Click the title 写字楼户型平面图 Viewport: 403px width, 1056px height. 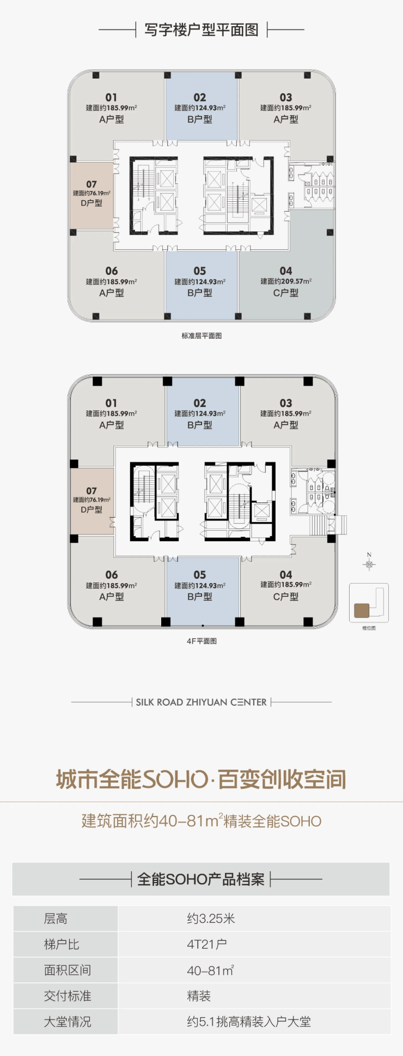click(201, 29)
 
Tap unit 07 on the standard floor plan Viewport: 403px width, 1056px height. click(91, 195)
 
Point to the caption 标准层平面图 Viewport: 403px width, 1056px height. click(201, 335)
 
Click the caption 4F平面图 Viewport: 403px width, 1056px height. click(201, 641)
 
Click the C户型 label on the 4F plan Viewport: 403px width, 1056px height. click(286, 597)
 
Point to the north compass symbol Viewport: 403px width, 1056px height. click(369, 562)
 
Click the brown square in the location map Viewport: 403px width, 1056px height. click(362, 610)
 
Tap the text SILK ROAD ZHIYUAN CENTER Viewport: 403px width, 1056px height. click(201, 702)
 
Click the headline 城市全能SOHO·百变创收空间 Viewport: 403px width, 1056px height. click(201, 779)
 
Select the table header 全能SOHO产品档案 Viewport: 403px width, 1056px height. click(201, 879)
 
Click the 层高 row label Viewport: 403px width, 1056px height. click(56, 919)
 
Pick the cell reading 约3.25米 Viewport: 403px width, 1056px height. click(211, 919)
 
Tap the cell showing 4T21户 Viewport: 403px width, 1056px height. click(207, 944)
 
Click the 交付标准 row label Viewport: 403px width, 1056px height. click(68, 996)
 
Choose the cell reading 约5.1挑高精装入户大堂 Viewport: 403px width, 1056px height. click(249, 1022)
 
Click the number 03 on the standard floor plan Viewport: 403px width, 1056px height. click(286, 98)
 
